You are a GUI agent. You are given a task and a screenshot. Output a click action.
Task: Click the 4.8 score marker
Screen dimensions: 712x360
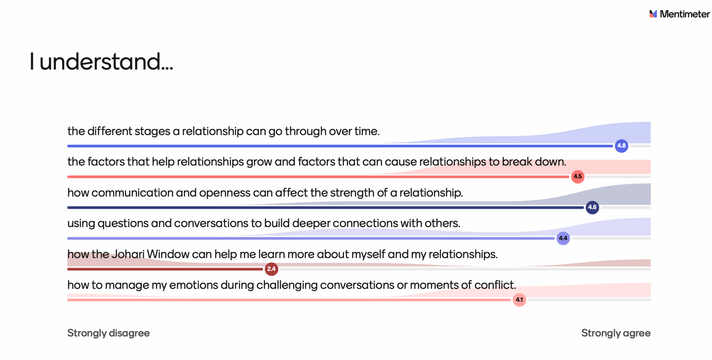[621, 146]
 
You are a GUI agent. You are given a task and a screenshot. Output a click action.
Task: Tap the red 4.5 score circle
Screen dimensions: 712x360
[578, 177]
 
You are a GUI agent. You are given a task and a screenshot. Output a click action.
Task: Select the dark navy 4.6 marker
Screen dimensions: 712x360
[592, 208]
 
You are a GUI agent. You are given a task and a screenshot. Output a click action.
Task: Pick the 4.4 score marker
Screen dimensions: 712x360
[563, 238]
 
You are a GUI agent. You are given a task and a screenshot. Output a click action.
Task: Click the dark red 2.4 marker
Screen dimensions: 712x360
[271, 269]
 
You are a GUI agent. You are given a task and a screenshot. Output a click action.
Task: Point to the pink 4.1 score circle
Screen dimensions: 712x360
[519, 300]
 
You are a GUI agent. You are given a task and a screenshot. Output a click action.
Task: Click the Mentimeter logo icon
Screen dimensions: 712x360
[653, 14]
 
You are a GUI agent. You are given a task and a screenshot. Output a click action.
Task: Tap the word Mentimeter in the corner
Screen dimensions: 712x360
[685, 14]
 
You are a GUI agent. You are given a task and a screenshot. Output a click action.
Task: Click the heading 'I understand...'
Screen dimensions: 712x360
[102, 61]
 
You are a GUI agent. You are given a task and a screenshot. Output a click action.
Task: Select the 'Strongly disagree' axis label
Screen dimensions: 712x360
[108, 333]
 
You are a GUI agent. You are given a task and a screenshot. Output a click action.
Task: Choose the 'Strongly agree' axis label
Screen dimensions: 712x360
[616, 333]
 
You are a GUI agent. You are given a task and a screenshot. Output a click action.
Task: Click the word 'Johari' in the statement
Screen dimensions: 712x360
[128, 254]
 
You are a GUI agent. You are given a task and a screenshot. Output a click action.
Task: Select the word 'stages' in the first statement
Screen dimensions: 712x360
[152, 131]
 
